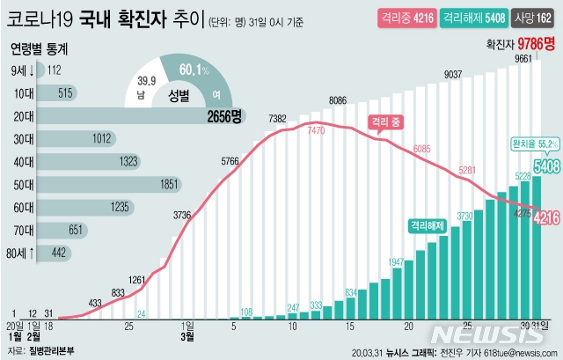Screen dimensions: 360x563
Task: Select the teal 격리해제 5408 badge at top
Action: coord(474,17)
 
